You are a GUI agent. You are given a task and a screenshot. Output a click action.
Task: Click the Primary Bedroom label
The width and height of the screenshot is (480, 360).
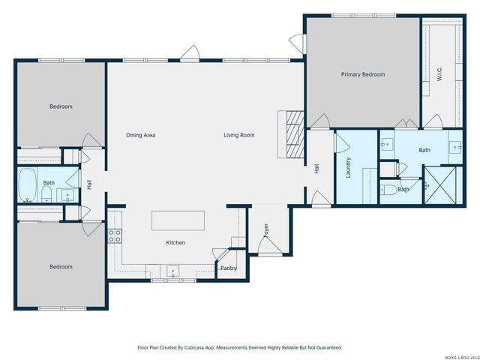[362, 74]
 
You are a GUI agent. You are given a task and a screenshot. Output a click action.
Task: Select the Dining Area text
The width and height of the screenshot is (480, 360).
[140, 135]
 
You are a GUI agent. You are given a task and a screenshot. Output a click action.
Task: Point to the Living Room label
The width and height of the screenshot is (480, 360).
[238, 135]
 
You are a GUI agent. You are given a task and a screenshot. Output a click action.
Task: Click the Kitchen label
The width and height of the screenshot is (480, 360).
[175, 242]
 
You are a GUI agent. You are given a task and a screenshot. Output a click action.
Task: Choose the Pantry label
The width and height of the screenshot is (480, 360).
[228, 268]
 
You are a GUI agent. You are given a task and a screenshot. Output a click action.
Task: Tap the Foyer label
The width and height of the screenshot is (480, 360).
[265, 231]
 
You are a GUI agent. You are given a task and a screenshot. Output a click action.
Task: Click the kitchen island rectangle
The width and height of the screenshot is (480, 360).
[178, 220]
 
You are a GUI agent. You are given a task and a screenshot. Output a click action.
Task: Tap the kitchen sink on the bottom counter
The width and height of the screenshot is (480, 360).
[172, 271]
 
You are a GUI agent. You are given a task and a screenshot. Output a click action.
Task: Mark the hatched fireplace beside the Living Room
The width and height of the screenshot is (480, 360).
[292, 135]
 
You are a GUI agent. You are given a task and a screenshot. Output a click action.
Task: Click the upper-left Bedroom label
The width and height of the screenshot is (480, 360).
[61, 106]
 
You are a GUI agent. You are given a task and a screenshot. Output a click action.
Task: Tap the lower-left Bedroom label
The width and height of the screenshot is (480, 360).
[61, 266]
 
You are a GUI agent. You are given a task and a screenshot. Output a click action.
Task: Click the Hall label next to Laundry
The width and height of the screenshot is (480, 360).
[316, 169]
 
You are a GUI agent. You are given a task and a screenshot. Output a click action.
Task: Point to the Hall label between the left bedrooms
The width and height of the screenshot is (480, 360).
[88, 184]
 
